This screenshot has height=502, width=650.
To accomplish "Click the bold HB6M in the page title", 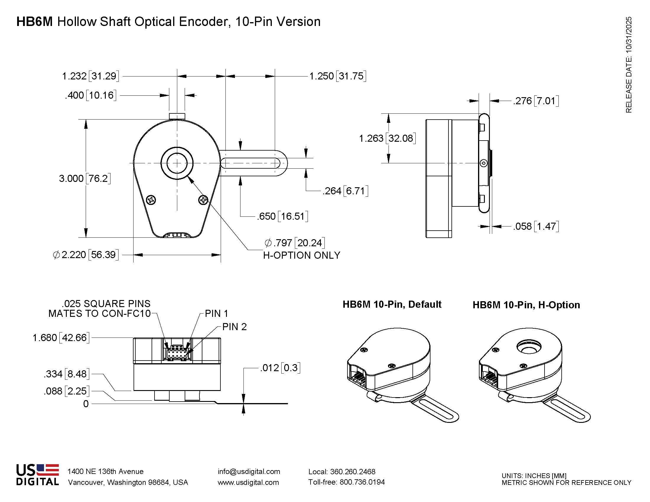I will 34,22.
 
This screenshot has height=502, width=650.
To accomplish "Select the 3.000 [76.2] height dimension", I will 84,178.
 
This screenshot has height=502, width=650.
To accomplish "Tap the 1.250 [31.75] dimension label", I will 337,76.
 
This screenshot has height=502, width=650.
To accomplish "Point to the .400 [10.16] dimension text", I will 90,95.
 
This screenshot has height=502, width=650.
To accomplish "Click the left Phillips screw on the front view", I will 151,200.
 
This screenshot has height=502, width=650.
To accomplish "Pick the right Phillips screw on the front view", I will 203,200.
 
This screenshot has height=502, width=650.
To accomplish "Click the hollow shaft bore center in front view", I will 177,163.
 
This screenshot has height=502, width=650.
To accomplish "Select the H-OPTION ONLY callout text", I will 301,255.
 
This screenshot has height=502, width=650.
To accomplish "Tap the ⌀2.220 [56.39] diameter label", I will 86,255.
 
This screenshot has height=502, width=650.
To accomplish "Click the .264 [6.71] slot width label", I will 345,191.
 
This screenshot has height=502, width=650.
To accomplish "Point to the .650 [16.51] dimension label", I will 282,216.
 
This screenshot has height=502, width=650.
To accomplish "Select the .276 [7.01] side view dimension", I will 536,101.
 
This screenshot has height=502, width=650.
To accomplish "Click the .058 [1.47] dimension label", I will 536,226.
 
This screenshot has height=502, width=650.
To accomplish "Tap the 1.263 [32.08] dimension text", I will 387,138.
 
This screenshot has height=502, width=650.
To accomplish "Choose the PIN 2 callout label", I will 235,327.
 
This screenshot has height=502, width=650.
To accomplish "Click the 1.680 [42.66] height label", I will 61,338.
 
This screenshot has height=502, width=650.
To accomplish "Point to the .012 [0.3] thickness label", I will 280,368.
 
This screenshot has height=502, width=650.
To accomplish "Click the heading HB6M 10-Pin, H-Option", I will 526,305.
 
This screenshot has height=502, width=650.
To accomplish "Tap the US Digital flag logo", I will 38,475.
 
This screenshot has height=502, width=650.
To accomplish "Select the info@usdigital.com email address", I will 249,471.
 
